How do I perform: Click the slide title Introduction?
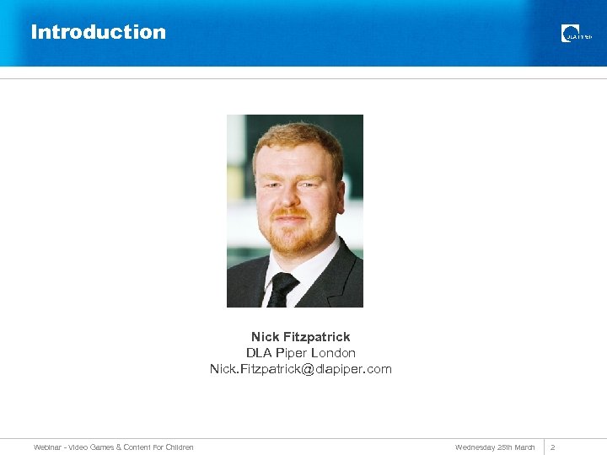coord(98,32)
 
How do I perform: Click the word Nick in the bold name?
coord(265,337)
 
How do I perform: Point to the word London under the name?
coord(333,353)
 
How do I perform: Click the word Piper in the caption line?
coord(290,353)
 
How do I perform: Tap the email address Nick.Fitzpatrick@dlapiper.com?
coord(301,369)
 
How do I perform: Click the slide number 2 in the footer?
coord(553,447)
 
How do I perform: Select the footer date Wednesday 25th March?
coord(495,447)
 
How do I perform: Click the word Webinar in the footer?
coord(47,447)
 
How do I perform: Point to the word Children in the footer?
coord(178,447)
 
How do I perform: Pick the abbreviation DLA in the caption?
coord(258,353)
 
